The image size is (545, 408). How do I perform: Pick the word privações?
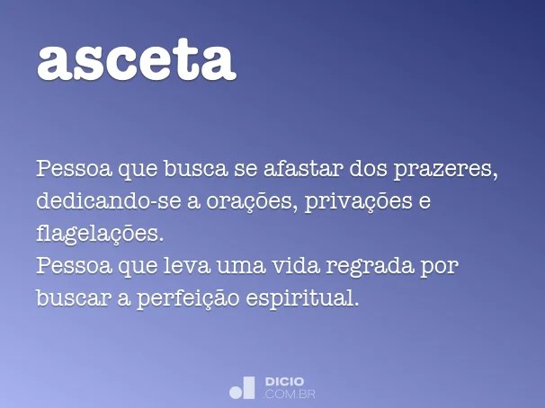point(359,202)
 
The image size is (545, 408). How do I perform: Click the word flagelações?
point(100,235)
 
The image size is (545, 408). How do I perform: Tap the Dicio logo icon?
point(242,387)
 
